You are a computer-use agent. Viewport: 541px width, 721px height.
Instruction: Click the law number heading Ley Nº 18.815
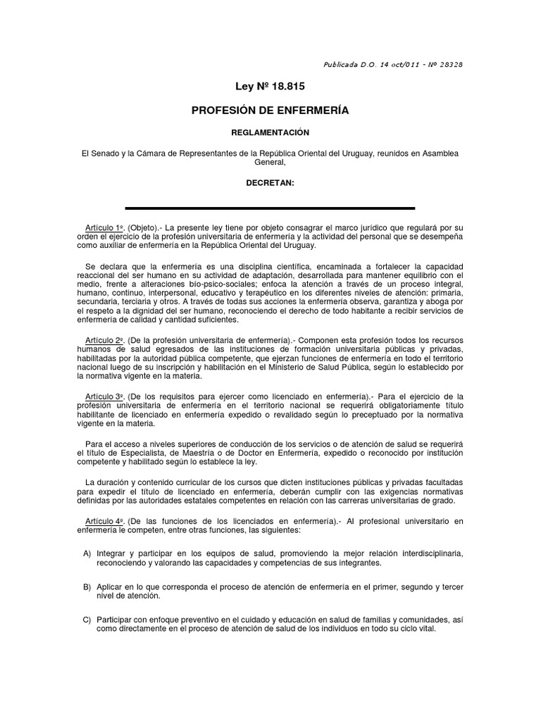click(270, 87)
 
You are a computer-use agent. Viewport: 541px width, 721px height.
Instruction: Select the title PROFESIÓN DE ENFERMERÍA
click(270, 111)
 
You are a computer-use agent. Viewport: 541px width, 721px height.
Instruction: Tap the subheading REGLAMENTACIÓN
click(270, 132)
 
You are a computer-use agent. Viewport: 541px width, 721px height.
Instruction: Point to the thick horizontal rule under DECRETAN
click(270, 208)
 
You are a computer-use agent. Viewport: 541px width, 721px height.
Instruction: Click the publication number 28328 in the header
click(449, 64)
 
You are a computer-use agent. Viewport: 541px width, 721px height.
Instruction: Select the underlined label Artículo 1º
click(104, 229)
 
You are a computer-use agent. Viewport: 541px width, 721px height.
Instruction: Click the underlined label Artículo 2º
click(104, 339)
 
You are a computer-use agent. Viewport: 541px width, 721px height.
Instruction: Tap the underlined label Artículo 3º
click(104, 396)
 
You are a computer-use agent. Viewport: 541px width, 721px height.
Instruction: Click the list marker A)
click(87, 553)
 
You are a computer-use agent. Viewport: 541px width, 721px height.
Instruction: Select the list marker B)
click(87, 587)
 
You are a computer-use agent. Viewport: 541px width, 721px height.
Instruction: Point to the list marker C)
click(87, 619)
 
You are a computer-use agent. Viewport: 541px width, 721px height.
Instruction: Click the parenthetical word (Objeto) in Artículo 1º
click(144, 229)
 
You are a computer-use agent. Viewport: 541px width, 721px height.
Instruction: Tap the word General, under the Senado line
click(270, 161)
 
